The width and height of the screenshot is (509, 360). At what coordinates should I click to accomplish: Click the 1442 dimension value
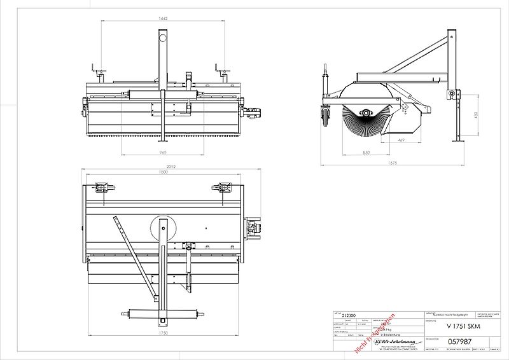tap(163, 19)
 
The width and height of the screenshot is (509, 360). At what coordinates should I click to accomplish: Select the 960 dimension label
tap(163, 153)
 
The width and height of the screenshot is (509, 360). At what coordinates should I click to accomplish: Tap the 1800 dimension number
tap(163, 173)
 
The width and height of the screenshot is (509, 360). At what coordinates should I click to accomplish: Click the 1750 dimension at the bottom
tap(163, 332)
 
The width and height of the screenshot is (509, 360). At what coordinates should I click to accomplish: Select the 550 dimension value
tap(366, 153)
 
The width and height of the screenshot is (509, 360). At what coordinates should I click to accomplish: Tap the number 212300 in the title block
tap(349, 315)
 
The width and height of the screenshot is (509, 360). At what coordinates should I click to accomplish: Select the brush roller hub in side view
tap(366, 113)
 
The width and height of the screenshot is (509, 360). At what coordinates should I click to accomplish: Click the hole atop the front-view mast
tap(163, 38)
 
